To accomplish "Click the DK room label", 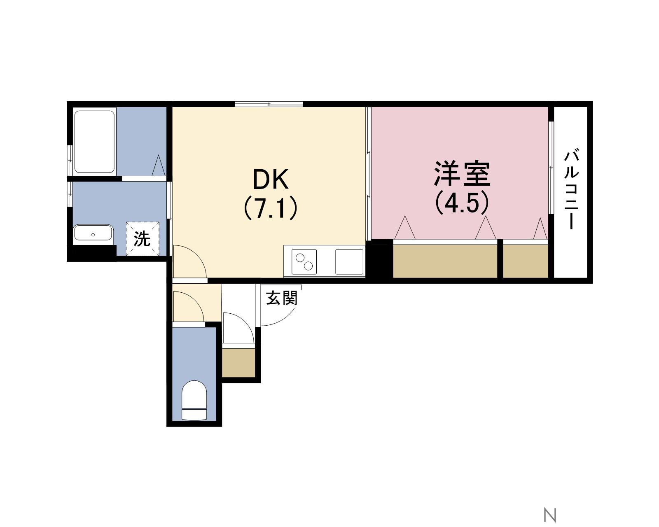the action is point(271,180).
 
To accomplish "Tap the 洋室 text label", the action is point(462,174).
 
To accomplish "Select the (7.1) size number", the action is point(271,208).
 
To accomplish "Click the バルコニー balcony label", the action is point(571,189).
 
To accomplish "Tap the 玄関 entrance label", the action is point(281,298).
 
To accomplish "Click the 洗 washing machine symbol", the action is point(142,238).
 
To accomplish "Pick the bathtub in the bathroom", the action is point(94,142).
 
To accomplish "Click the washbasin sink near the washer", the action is point(93,233).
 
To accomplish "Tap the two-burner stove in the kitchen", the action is point(304,262).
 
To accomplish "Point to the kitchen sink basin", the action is point(349,262).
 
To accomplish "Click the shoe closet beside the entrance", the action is point(238,363).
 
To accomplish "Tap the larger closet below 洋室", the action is point(445,261).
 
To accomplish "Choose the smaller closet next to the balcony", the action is point(526,261).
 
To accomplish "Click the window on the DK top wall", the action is point(269,104).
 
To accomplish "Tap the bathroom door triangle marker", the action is point(159,166).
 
